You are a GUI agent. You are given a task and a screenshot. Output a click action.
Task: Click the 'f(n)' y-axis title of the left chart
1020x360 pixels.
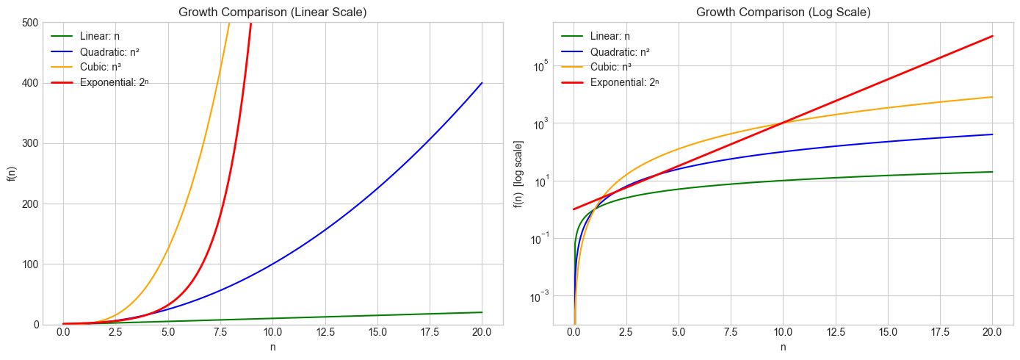(11, 173)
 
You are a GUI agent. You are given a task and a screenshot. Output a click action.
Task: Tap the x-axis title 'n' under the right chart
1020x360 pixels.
(783, 347)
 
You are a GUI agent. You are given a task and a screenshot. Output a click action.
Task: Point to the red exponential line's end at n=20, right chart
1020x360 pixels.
(993, 36)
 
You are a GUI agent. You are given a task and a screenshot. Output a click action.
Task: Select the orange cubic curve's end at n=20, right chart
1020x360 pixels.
(993, 97)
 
